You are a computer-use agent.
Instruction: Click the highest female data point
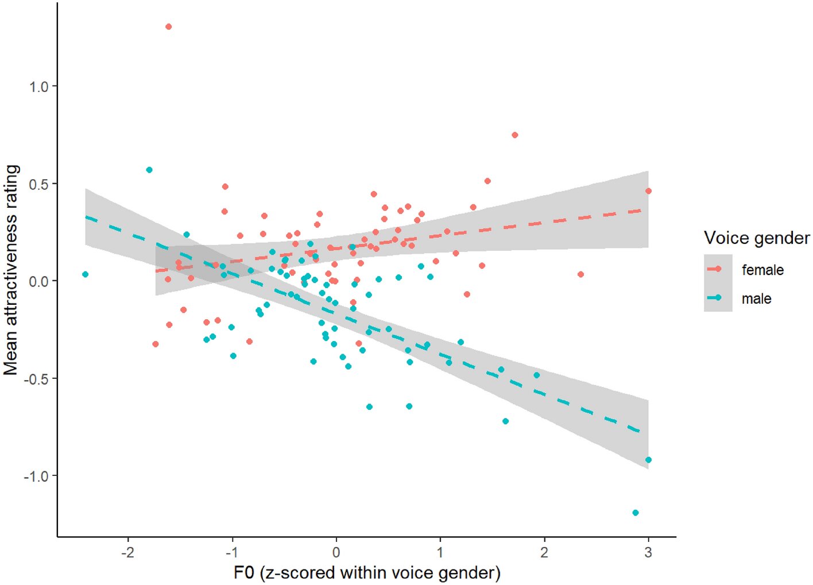point(168,27)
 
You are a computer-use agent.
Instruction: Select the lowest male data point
point(635,513)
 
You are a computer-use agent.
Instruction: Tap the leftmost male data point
point(86,274)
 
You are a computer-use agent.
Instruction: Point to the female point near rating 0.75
point(515,135)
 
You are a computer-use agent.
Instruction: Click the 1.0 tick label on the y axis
point(39,86)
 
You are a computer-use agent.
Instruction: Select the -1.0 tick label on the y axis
point(36,476)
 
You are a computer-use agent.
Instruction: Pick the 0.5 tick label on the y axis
point(39,184)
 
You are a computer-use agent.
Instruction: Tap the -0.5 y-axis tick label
point(36,378)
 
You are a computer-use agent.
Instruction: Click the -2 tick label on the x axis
point(127,552)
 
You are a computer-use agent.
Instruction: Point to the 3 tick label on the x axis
point(649,552)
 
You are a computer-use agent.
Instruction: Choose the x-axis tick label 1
point(440,552)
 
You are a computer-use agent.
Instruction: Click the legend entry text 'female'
point(762,270)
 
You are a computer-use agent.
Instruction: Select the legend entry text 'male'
point(756,299)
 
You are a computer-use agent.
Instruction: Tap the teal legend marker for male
point(718,297)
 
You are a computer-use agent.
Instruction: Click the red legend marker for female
point(718,269)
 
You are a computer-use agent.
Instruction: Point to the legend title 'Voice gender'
point(756,238)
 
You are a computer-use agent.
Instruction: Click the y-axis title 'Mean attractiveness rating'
point(11,270)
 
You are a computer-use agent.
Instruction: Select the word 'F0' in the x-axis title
point(243,573)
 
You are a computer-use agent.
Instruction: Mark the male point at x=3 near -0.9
point(648,460)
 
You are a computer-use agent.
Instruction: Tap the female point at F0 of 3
point(648,191)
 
